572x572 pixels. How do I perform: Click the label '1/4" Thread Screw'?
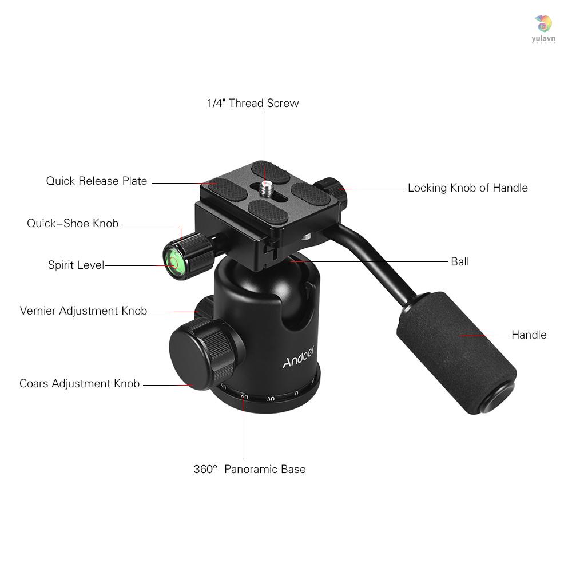(252, 104)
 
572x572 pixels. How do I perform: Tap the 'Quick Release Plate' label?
(97, 181)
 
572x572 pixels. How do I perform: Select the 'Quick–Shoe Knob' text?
(73, 223)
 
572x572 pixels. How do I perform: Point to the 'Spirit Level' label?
(76, 265)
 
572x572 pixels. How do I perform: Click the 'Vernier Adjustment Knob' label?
(84, 311)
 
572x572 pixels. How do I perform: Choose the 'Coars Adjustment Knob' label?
(80, 384)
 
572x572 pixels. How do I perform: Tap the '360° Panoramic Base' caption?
(249, 470)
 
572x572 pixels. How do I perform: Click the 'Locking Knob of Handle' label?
(467, 188)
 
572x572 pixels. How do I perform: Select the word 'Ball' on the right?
(459, 262)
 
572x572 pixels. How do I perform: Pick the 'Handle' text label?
(529, 335)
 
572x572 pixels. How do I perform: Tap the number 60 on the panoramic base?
(244, 396)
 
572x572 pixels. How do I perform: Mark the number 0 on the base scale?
(296, 394)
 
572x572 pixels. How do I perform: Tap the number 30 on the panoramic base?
(271, 399)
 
